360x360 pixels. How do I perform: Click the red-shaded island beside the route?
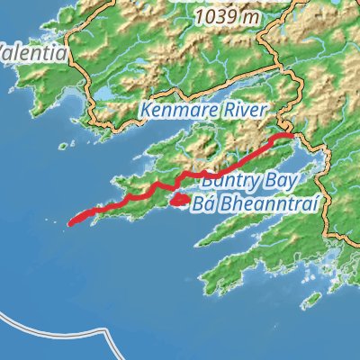pos(178,199)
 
